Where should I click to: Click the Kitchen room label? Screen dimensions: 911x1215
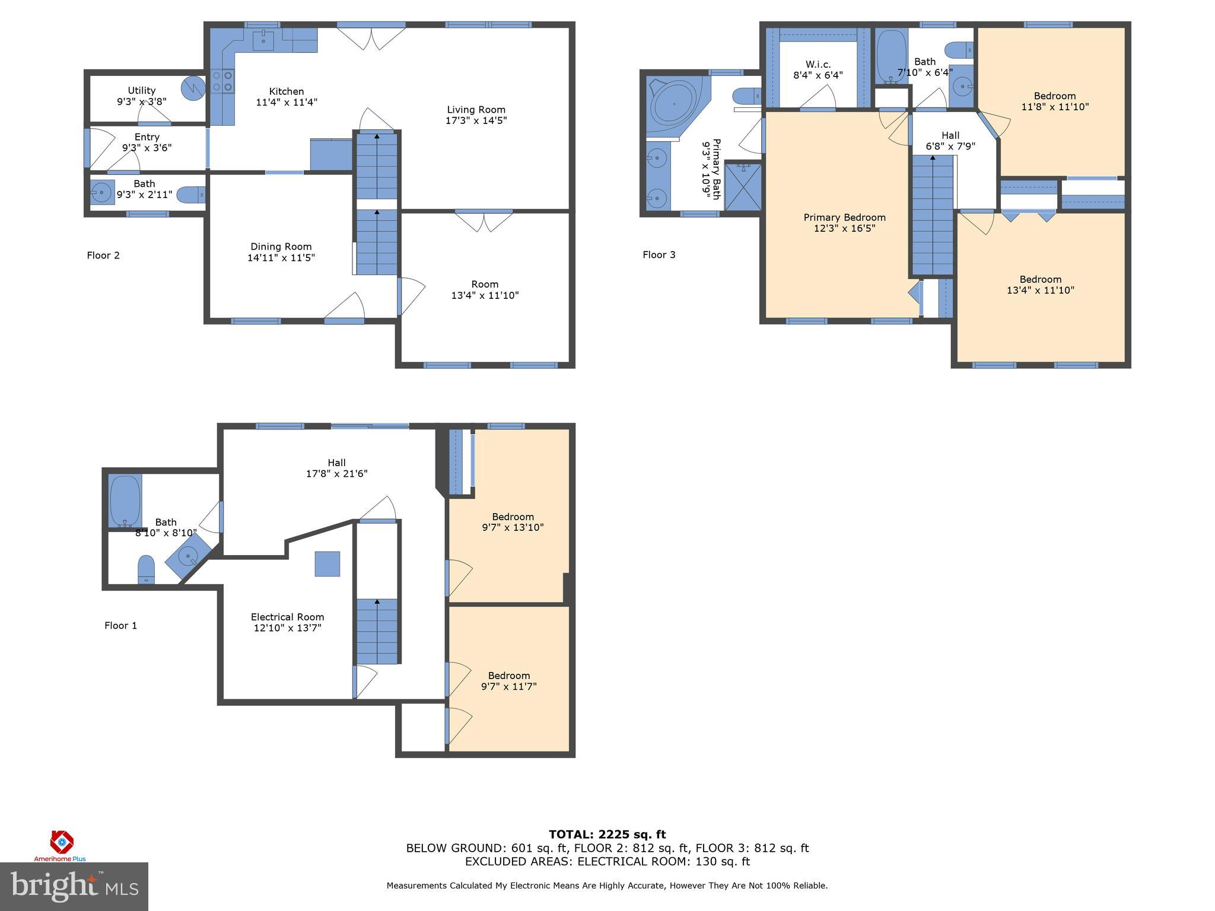click(x=287, y=91)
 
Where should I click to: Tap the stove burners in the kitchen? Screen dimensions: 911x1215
click(x=222, y=81)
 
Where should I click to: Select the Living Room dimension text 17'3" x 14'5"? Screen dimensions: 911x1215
click(x=476, y=120)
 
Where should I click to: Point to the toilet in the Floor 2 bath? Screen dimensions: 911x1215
click(x=191, y=194)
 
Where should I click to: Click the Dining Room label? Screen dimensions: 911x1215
click(x=281, y=247)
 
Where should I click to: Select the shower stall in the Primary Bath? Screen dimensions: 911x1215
click(x=743, y=187)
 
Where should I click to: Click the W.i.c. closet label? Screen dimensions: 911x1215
click(x=818, y=64)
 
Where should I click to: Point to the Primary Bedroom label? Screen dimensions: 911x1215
click(x=844, y=218)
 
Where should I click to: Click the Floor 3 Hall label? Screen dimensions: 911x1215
click(x=950, y=135)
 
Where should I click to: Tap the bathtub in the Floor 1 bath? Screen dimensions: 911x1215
click(x=125, y=501)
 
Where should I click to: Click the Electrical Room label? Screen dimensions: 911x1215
click(x=287, y=617)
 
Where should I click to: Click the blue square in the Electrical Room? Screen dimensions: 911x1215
click(x=327, y=564)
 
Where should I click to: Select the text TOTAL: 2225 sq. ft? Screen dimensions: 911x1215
click(x=607, y=834)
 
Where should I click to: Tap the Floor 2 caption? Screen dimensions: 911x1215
click(x=103, y=256)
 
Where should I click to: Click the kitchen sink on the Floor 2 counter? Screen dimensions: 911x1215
click(x=263, y=40)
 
